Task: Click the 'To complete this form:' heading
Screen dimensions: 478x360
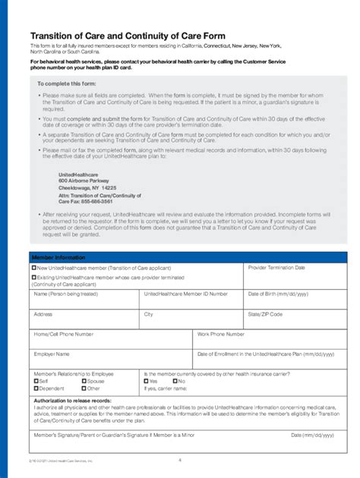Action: point(64,83)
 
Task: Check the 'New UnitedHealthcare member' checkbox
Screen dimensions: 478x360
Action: point(34,268)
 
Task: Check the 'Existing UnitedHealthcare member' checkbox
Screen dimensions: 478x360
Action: point(34,278)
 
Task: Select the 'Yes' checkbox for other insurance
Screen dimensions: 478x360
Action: point(146,381)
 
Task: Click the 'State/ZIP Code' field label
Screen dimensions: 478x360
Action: point(265,313)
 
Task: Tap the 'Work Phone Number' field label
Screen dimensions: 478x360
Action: point(221,334)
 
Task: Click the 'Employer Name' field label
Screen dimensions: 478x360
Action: point(52,354)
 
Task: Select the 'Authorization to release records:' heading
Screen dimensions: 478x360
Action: point(73,400)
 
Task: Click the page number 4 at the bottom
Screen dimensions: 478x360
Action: point(180,460)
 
